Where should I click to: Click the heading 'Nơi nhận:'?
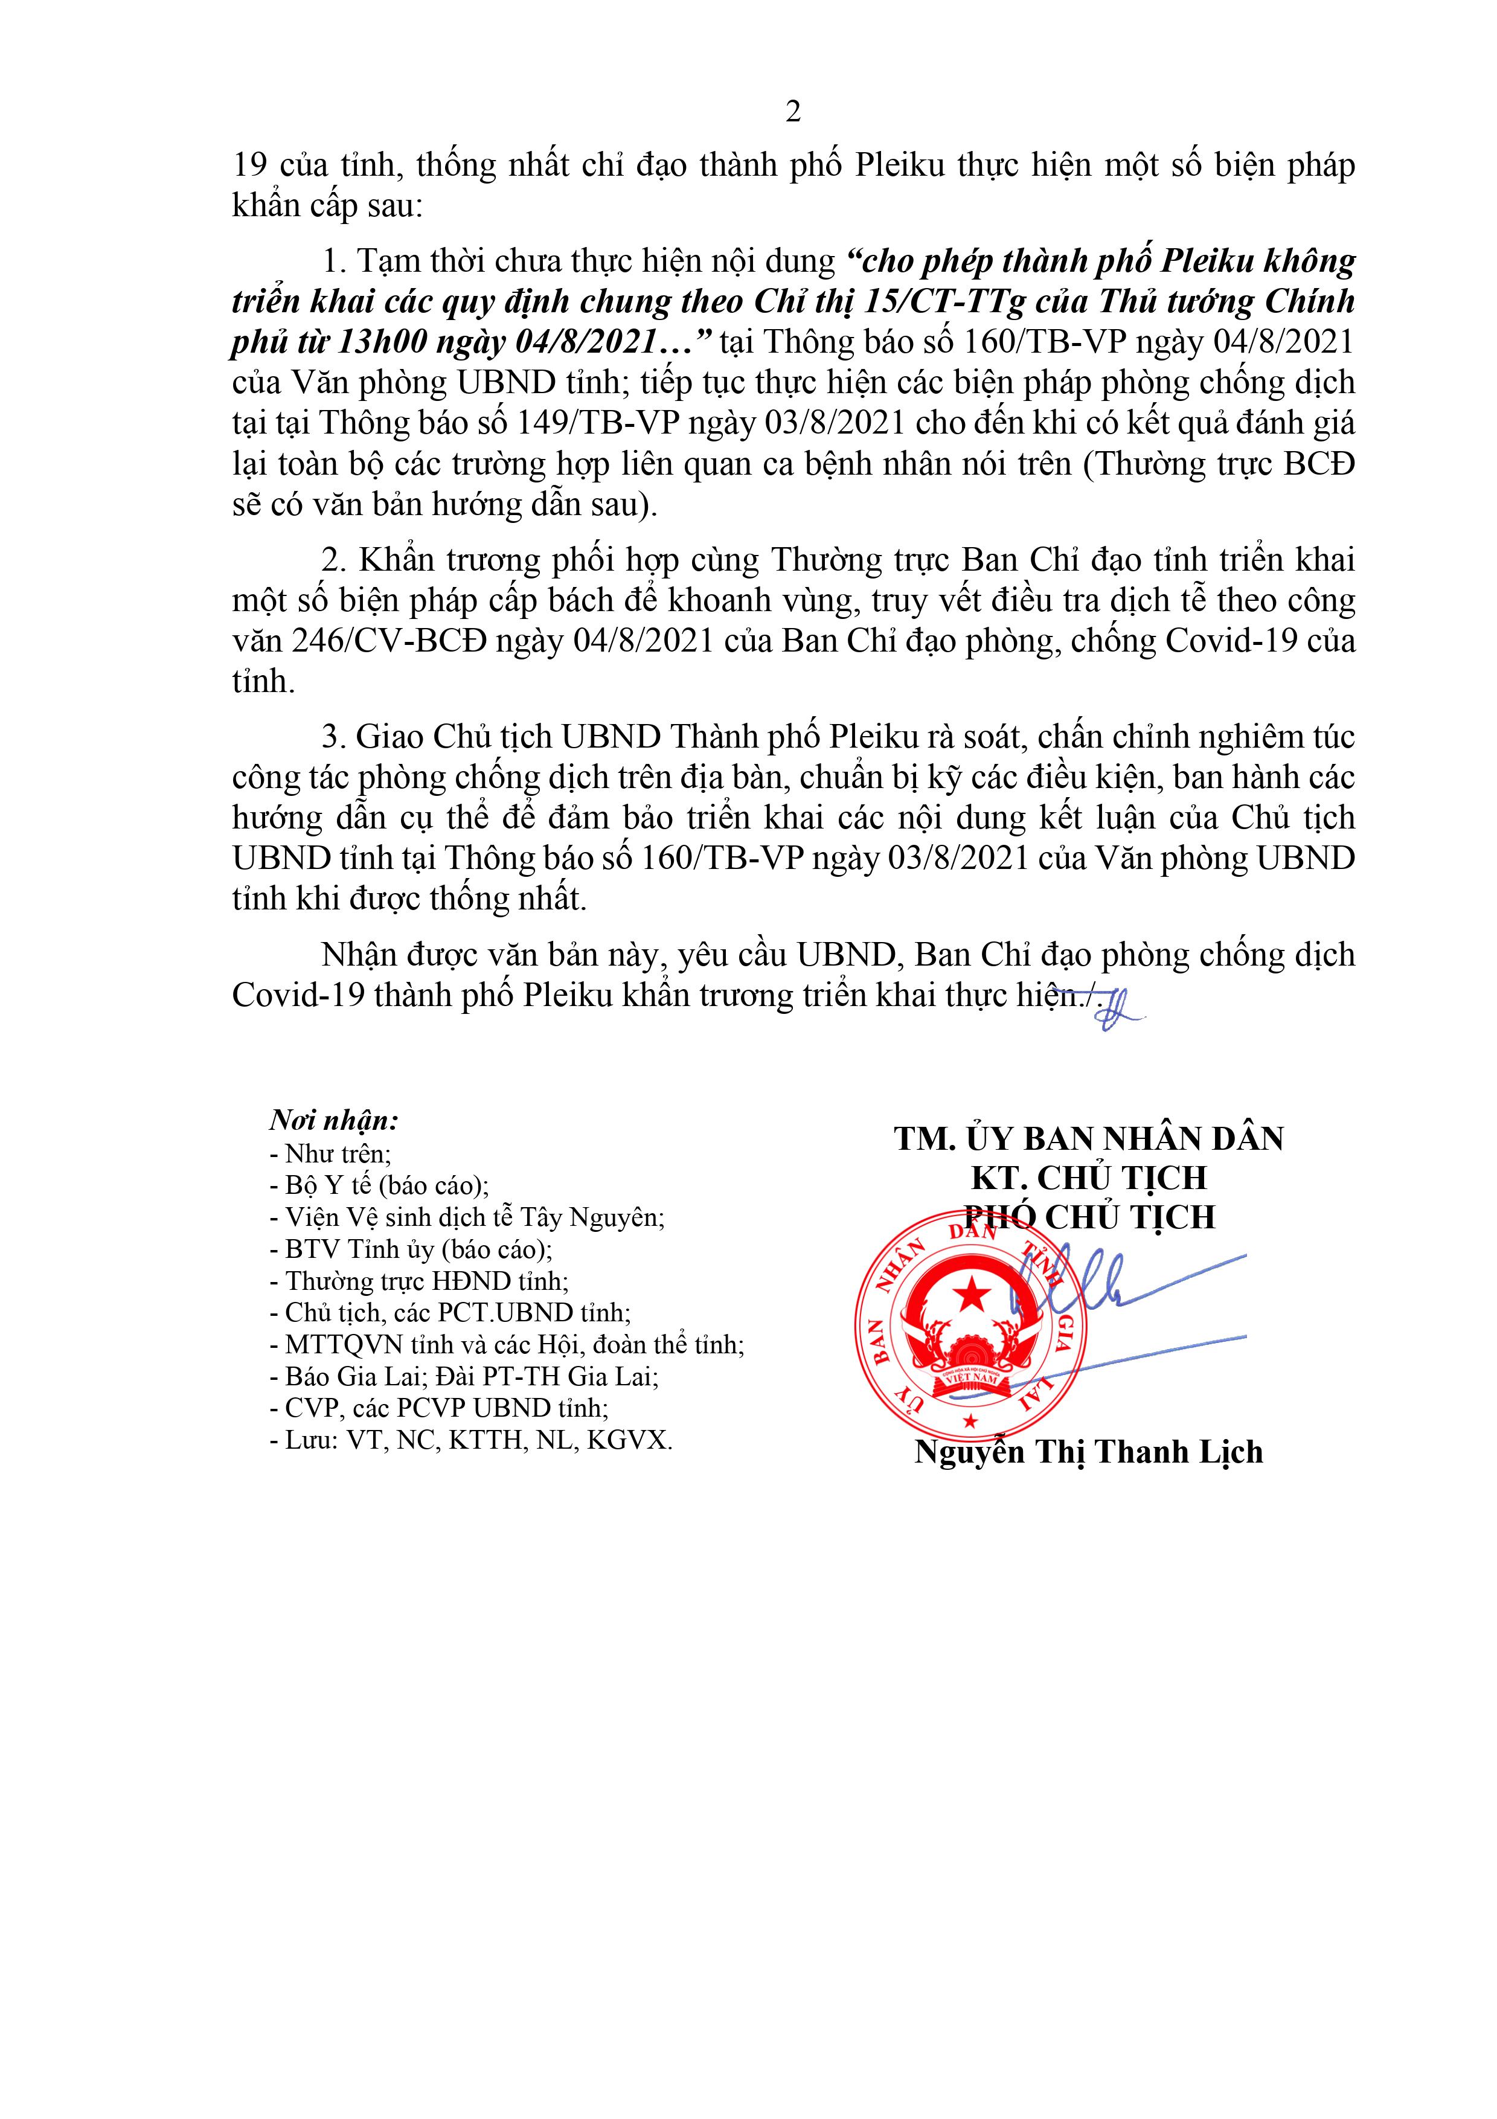click(x=333, y=1120)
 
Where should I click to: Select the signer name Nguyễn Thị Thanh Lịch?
click(x=1088, y=1452)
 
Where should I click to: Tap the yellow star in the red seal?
click(x=969, y=1297)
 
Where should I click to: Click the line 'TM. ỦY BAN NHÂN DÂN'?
click(x=1088, y=1139)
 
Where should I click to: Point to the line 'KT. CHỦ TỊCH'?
click(x=1088, y=1179)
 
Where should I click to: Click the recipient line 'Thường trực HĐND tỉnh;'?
click(x=426, y=1281)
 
